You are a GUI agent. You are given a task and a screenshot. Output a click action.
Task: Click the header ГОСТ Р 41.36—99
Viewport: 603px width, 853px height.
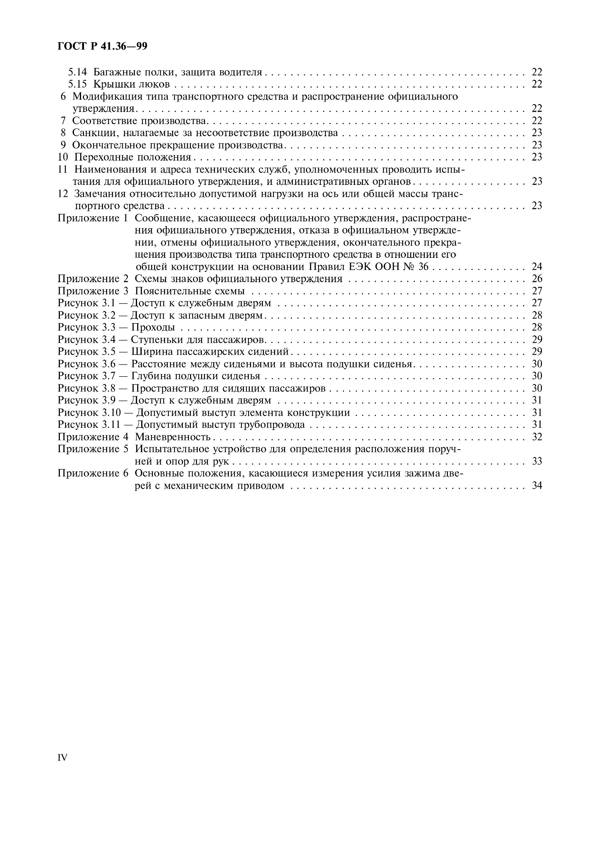click(x=102, y=46)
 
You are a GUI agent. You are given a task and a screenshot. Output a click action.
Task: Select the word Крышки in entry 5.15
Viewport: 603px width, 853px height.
click(x=110, y=84)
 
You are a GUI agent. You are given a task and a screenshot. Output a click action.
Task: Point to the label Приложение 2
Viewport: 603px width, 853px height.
click(x=93, y=279)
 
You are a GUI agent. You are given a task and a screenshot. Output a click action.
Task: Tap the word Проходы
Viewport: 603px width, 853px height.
click(x=153, y=327)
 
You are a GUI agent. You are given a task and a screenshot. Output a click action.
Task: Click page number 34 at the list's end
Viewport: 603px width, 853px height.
click(x=537, y=485)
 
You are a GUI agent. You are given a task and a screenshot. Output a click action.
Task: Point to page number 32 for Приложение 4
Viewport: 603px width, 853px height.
click(x=537, y=437)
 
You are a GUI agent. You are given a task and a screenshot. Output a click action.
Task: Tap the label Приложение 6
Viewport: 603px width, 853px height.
click(x=93, y=473)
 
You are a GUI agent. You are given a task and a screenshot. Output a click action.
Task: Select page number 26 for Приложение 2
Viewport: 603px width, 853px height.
click(x=537, y=279)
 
